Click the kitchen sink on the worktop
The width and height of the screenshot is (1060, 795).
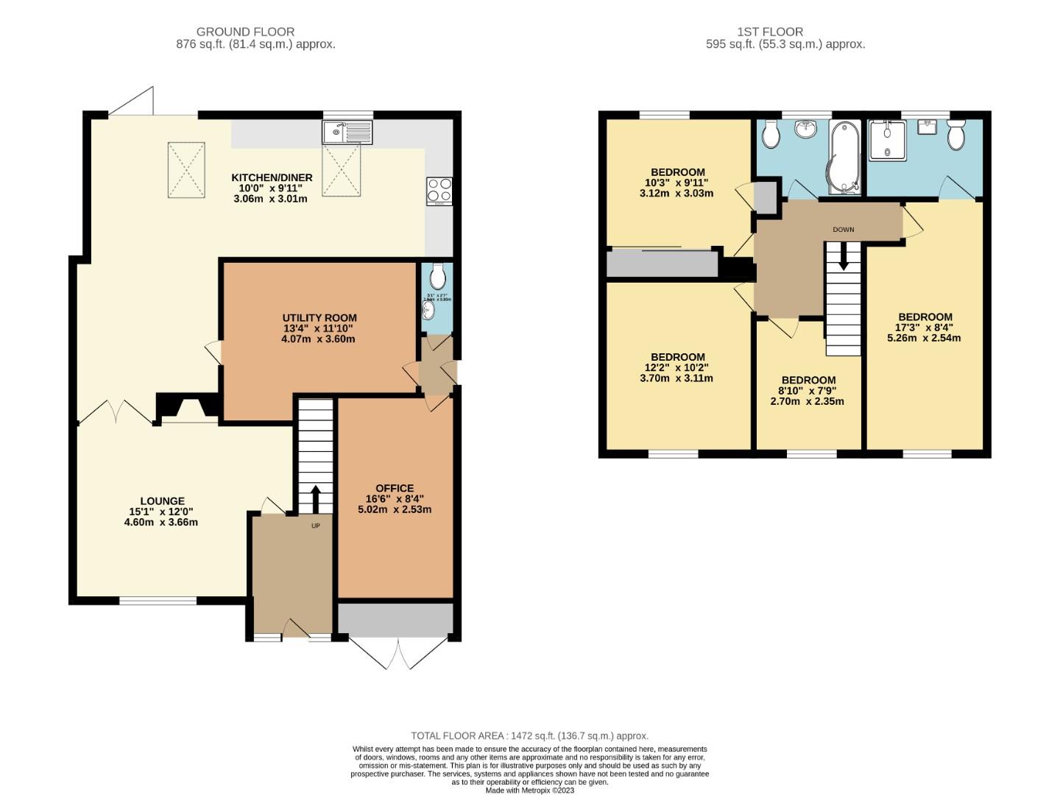click(x=347, y=132)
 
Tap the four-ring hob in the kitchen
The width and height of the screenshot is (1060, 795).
click(x=439, y=191)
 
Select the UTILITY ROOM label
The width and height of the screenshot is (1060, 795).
click(x=319, y=318)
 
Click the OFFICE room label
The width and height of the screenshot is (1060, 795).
click(x=395, y=488)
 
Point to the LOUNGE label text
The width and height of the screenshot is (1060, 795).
click(x=163, y=501)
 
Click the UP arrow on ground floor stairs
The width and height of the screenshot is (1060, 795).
click(x=315, y=500)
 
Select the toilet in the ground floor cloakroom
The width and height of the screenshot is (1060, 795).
click(x=437, y=278)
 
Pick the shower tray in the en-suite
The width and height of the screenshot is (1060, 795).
click(x=889, y=140)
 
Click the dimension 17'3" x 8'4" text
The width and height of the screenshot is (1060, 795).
click(x=924, y=328)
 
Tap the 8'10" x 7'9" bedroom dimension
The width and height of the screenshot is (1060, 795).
click(x=808, y=391)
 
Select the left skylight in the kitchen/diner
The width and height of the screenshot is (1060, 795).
click(x=186, y=169)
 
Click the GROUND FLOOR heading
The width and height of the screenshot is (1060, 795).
click(x=245, y=32)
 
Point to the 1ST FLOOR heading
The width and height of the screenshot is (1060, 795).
click(x=770, y=32)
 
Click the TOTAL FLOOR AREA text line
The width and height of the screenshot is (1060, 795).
click(x=529, y=735)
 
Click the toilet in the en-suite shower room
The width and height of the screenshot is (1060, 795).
click(x=955, y=135)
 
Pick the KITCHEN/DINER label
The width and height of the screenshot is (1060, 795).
click(x=272, y=177)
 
